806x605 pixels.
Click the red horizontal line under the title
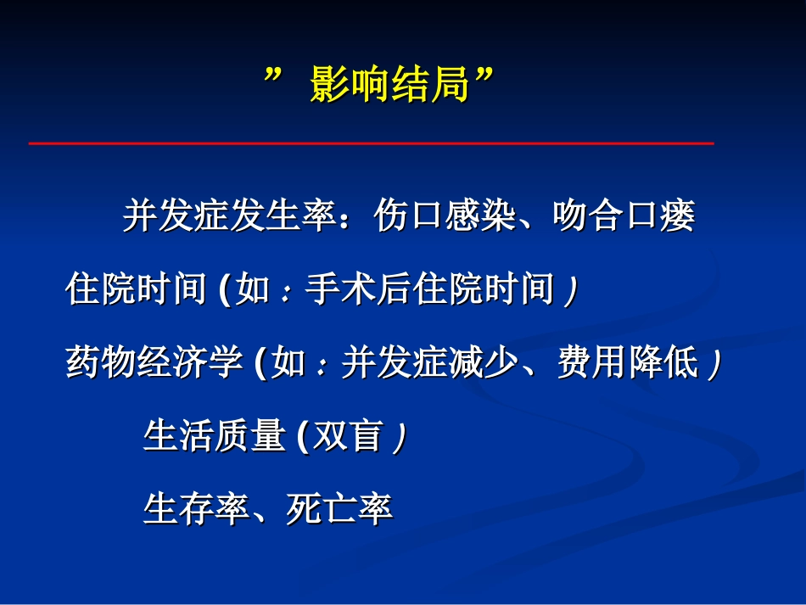coord(371,143)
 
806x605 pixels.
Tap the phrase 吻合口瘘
coord(624,217)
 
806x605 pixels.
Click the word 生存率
coord(196,509)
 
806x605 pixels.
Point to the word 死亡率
coord(339,509)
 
